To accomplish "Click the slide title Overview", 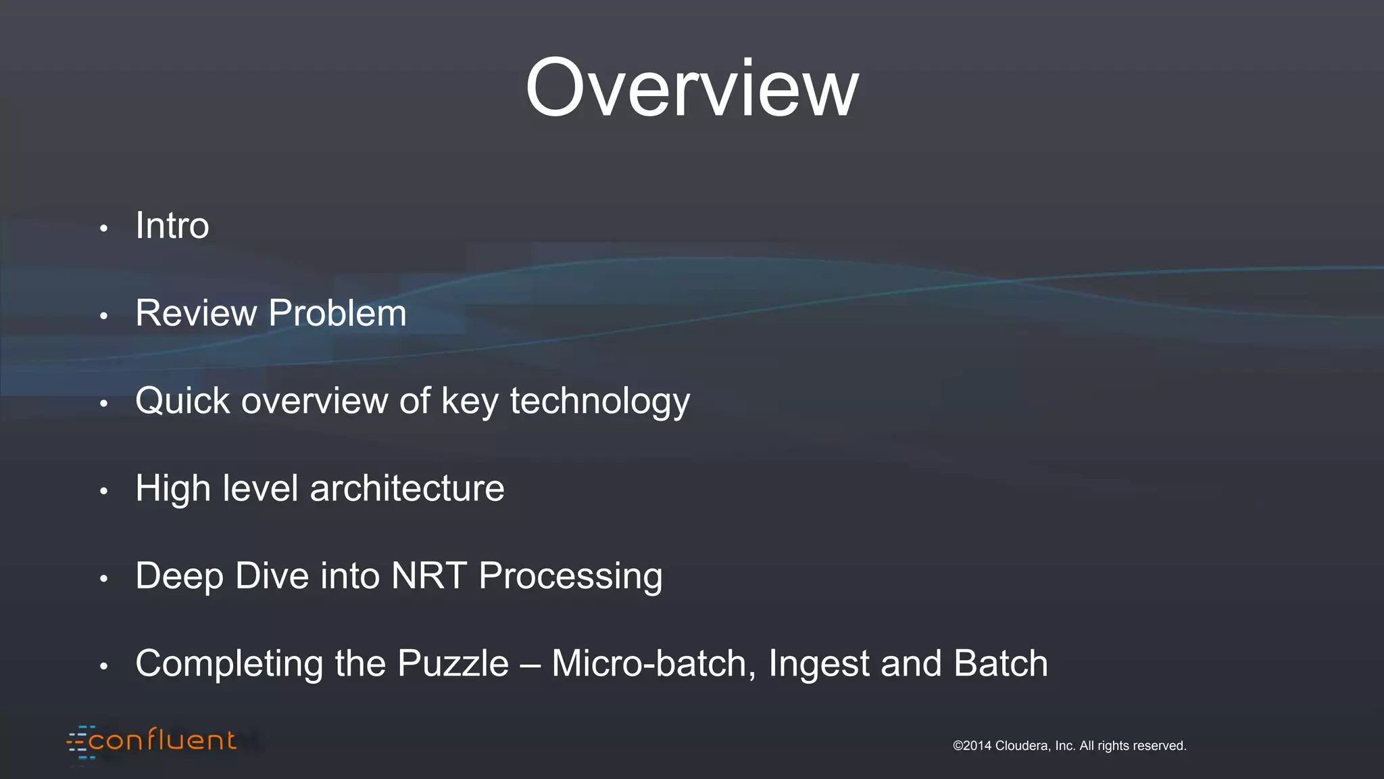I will [x=691, y=89].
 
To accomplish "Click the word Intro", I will [x=172, y=225].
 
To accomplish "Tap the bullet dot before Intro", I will [x=103, y=229].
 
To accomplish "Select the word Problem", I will [x=337, y=313].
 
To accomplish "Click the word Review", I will [x=196, y=313].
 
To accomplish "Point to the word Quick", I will [x=182, y=400].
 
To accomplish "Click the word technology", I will [x=599, y=402].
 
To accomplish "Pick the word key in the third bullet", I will [x=470, y=402].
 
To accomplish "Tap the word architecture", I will [x=407, y=488].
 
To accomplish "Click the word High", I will [x=173, y=489].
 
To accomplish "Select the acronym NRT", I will [x=428, y=575].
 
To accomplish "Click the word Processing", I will [x=570, y=577].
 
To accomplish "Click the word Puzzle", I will [x=453, y=663].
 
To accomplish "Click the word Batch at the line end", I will [x=1000, y=663].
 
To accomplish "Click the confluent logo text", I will [x=162, y=741].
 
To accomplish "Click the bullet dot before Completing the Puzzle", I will [x=103, y=667].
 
